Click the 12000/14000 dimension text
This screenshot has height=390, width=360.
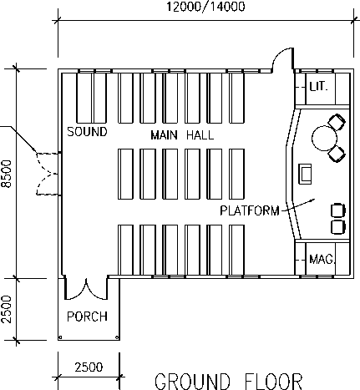(205, 7)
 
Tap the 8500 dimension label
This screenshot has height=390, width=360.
(7, 174)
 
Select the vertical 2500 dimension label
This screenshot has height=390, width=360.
(7, 309)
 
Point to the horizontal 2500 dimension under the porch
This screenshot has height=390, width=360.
(89, 367)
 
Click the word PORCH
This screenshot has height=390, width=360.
(87, 317)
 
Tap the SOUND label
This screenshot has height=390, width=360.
(87, 132)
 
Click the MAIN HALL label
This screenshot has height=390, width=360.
(182, 135)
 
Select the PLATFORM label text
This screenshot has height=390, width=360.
(250, 210)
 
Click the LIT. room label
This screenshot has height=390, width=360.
(319, 87)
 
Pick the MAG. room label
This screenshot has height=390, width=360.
(322, 260)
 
